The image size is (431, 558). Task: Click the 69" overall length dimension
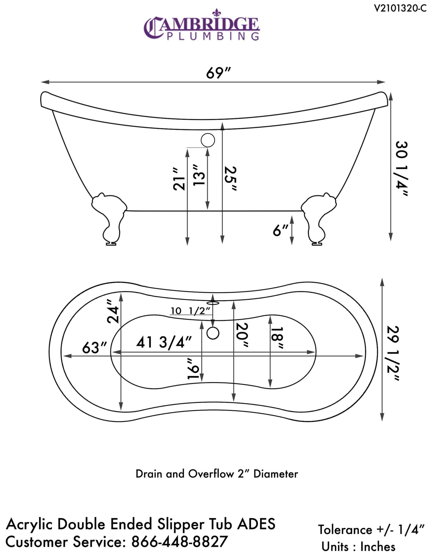(218, 73)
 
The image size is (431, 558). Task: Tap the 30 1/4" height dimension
(401, 168)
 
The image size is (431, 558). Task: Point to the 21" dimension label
(179, 179)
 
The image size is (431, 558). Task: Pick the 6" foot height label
(280, 231)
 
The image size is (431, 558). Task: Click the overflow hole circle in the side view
(208, 140)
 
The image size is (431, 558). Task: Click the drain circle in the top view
(213, 333)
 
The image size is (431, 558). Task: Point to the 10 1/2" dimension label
(190, 311)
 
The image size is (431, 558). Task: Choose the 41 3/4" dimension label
(164, 342)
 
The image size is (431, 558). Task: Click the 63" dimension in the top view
(94, 348)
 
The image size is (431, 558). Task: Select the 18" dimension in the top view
(277, 337)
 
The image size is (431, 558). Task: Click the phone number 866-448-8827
(180, 541)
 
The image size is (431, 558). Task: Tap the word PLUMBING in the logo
(213, 36)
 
